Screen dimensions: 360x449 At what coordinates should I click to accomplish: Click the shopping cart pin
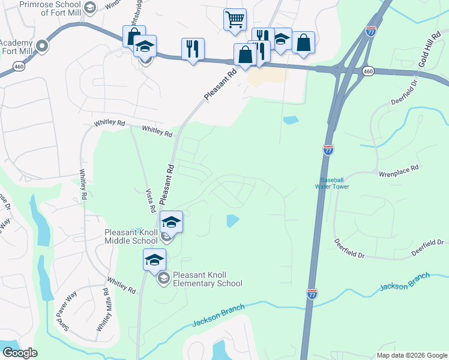pos(235,19)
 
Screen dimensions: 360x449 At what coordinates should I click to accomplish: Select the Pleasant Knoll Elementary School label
pos(207,280)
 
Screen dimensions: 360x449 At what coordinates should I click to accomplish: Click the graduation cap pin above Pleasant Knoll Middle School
pos(171,222)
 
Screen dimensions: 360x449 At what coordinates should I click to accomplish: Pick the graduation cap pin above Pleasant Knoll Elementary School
pos(154,259)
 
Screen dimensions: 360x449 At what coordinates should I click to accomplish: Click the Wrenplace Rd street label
pos(398,170)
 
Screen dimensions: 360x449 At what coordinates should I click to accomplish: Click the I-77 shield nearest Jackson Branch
pos(312,293)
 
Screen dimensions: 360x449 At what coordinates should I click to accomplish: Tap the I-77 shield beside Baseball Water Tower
pos(328,149)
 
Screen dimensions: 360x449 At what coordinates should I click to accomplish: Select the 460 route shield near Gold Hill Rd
pos(368,71)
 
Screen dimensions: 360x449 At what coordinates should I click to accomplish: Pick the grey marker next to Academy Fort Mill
pos(42,46)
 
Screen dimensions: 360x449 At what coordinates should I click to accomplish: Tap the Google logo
pos(19,353)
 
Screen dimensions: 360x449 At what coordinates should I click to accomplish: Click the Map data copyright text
pos(412,355)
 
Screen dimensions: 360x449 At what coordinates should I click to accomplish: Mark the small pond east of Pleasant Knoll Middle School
pos(232,221)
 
